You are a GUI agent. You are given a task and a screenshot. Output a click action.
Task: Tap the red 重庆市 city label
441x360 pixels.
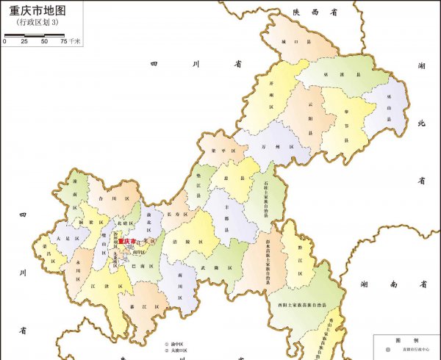click(127, 241)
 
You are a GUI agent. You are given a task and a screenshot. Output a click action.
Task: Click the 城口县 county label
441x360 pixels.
click(290, 42)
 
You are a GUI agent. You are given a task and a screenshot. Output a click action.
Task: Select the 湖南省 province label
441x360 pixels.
click(394, 284)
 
